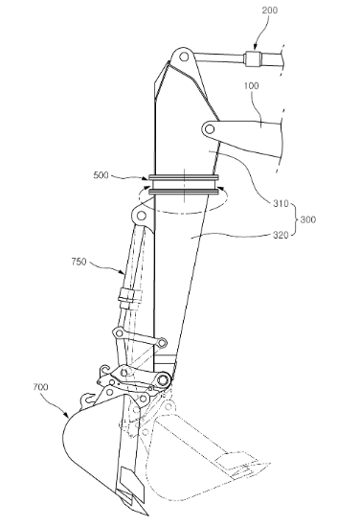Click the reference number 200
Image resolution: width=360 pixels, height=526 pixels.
click(x=269, y=11)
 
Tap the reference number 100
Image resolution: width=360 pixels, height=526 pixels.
click(x=252, y=86)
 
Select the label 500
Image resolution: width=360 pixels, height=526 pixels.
click(x=101, y=175)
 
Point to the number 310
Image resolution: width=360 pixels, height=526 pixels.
click(x=281, y=203)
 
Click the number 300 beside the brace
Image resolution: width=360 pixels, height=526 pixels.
click(x=307, y=219)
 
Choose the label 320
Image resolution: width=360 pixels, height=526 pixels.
click(x=281, y=235)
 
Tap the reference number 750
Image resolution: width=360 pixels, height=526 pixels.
click(x=79, y=262)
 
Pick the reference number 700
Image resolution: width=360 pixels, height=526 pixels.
click(x=40, y=387)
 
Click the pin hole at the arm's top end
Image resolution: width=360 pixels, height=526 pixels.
click(x=184, y=57)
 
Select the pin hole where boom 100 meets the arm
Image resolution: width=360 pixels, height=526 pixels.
click(x=209, y=129)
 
